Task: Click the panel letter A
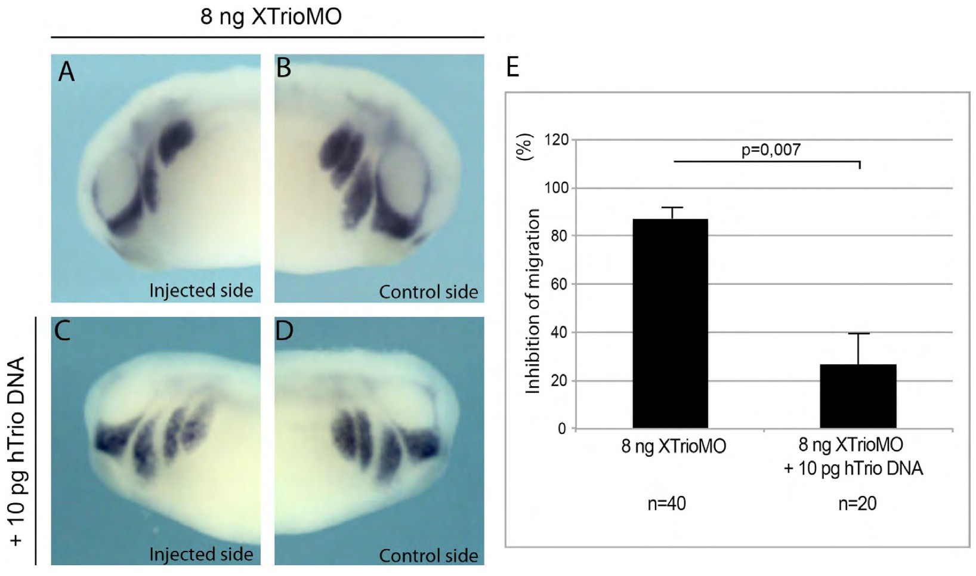tap(66, 72)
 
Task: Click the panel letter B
tap(284, 68)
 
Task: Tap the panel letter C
tap(63, 330)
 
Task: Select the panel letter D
tap(284, 330)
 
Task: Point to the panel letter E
tap(512, 67)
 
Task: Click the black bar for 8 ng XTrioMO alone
tap(670, 323)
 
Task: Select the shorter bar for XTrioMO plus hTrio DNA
tap(858, 396)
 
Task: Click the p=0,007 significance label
tap(771, 149)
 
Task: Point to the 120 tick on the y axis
tap(557, 140)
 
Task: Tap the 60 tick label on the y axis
tap(558, 284)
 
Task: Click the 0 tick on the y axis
tap(561, 429)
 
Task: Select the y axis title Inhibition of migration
tap(532, 301)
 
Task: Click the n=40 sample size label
tap(666, 504)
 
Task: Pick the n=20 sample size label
tap(857, 504)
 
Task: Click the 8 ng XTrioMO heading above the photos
tap(271, 16)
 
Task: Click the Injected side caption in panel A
tap(201, 291)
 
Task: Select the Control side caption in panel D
tap(428, 556)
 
